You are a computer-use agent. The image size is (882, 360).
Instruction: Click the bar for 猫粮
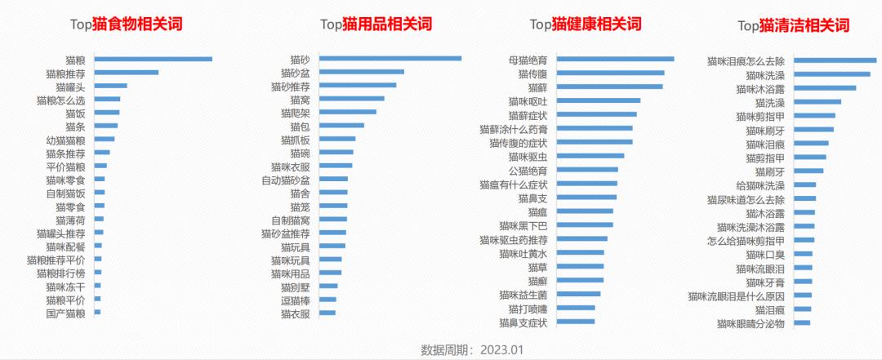[x=153, y=59]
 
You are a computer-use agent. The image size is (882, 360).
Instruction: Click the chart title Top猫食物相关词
[x=125, y=24]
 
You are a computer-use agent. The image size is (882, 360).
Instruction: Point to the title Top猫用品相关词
[x=376, y=24]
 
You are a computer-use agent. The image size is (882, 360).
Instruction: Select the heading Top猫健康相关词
[x=586, y=24]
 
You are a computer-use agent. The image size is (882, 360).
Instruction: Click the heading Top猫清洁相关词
[x=794, y=25]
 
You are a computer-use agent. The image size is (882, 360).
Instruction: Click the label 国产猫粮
[x=65, y=313]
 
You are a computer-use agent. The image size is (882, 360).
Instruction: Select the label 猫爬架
[x=295, y=113]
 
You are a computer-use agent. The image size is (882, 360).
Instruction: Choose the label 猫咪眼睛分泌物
[x=751, y=323]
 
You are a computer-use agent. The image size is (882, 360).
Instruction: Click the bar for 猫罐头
[x=111, y=86]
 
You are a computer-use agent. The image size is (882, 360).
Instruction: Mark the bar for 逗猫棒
[x=327, y=300]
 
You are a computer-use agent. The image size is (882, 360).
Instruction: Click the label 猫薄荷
[x=70, y=220]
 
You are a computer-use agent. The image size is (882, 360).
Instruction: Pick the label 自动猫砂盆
[x=286, y=180]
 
